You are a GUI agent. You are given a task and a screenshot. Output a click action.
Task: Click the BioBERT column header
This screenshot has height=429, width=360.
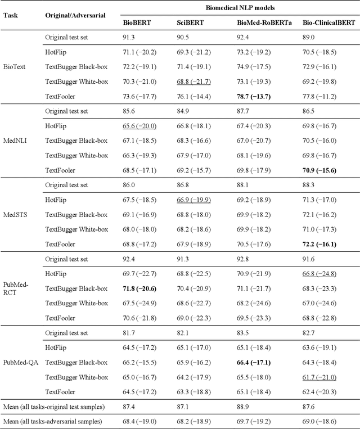coord(136,24)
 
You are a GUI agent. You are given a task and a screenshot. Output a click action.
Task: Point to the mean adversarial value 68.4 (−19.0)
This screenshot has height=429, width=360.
coord(140,420)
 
